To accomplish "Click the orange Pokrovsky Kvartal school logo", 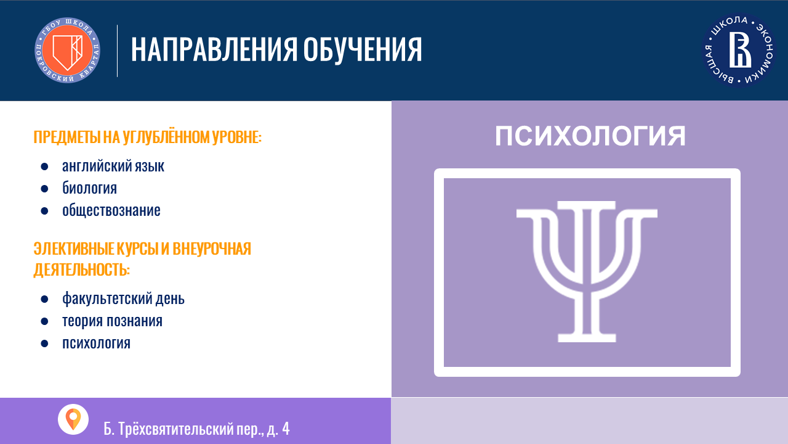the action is [x=67, y=50].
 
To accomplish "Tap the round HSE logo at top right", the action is [x=739, y=51].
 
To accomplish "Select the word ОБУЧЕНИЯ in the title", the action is [x=363, y=50].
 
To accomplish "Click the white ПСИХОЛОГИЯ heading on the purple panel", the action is [x=590, y=136].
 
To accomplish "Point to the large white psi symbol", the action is [x=587, y=271].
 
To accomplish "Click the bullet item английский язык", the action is [x=113, y=166].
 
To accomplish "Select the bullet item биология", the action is [x=89, y=188].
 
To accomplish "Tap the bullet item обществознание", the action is [x=111, y=210].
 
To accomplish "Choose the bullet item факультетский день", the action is [x=123, y=298].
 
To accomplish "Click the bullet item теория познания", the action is [x=112, y=321].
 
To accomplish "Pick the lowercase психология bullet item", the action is [x=96, y=343].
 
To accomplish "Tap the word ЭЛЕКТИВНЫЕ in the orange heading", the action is [x=74, y=249].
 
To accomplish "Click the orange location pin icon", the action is [x=73, y=419].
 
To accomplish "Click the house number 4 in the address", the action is [x=286, y=429].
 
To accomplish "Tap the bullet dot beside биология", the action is [x=44, y=189].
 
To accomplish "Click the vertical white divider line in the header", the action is [x=117, y=51].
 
